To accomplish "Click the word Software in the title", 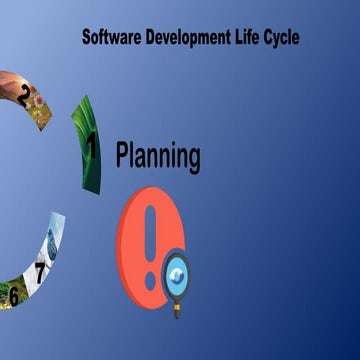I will pos(110,38).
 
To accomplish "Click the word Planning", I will pos(158,156).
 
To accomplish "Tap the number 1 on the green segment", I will pos(92,146).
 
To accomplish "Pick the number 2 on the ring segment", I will pos(23,96).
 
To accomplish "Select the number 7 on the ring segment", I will pos(40,270).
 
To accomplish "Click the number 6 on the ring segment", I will pos(13,295).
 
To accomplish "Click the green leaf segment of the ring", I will pos(86,160).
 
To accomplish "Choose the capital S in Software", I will pos(86,38).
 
